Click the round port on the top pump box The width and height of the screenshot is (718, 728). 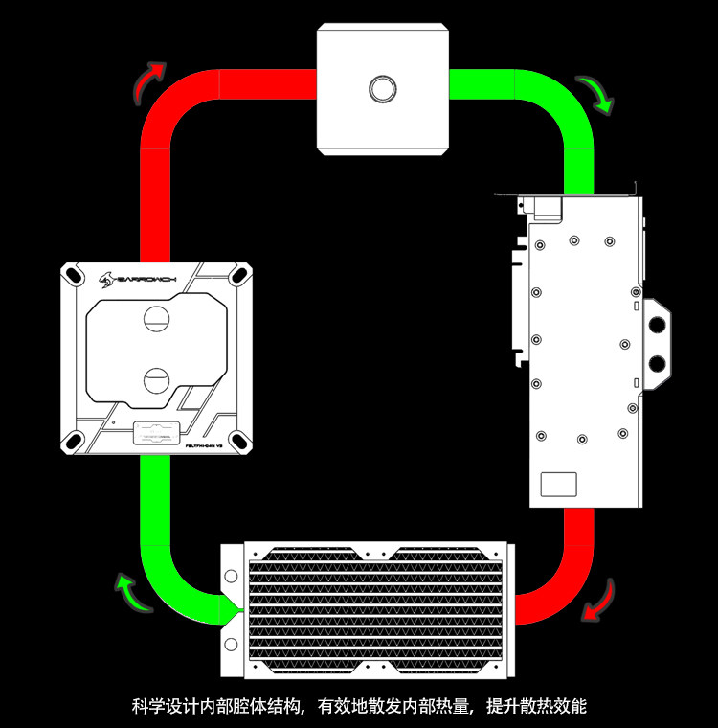coord(382,88)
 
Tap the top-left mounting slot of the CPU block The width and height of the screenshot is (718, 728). coord(76,278)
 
